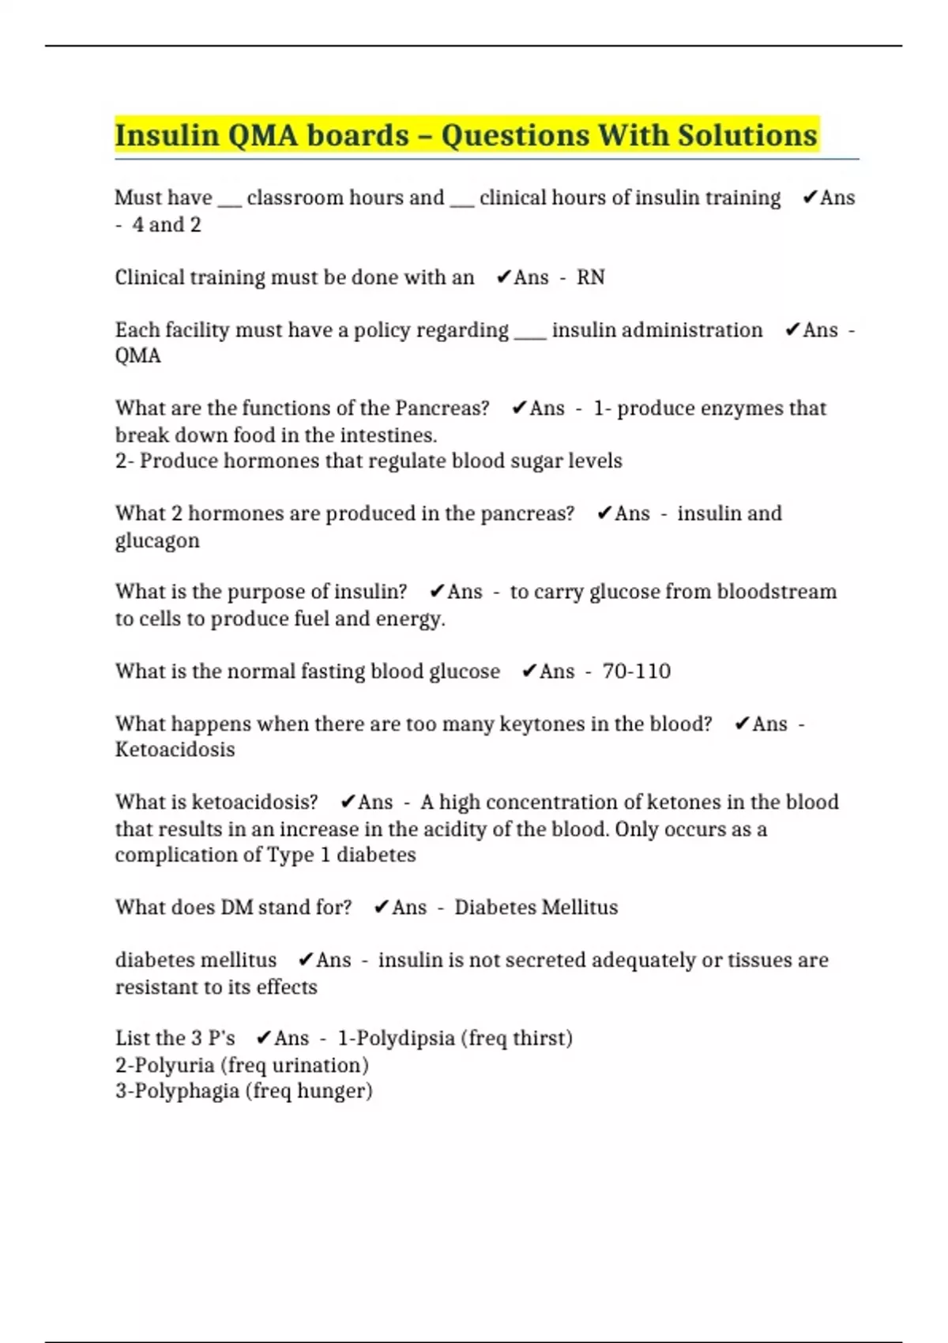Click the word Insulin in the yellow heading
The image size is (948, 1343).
[167, 135]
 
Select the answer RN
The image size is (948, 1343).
[590, 277]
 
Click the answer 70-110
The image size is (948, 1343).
[636, 671]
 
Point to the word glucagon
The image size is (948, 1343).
[157, 541]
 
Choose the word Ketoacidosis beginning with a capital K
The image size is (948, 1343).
[175, 750]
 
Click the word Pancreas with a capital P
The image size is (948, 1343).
[442, 408]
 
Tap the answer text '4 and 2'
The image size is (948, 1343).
[167, 225]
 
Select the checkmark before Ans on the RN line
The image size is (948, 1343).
[503, 277]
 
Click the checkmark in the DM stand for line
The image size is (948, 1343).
[381, 908]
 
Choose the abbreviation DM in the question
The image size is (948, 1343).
[236, 908]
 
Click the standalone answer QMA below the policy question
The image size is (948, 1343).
[137, 355]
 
